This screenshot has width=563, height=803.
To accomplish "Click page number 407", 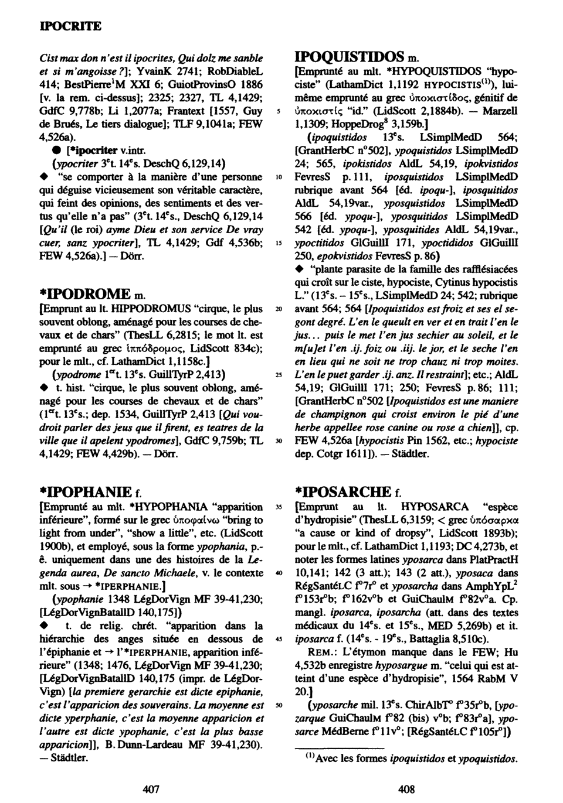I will (x=151, y=789).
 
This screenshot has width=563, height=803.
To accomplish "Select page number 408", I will (x=406, y=789).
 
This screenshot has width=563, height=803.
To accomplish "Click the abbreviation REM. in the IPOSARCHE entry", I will (x=321, y=651).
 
